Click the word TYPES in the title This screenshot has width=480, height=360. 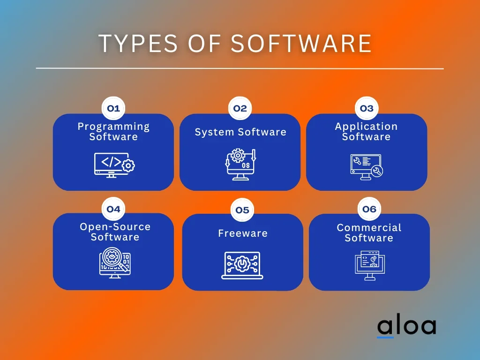[x=138, y=43]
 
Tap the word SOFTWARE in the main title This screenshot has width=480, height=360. [x=301, y=43]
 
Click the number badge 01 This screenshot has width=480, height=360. [x=113, y=108]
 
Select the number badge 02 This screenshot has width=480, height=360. [x=240, y=108]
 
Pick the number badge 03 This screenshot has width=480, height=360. [x=367, y=108]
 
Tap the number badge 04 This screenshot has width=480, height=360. [x=113, y=209]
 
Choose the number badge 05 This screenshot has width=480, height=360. [x=242, y=210]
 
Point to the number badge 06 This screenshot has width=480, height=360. [x=369, y=209]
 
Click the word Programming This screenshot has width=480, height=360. [x=113, y=127]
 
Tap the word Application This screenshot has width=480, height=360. [x=366, y=127]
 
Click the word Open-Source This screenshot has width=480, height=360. [x=115, y=227]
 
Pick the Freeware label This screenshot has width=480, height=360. [x=243, y=233]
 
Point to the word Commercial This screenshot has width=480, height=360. [x=369, y=228]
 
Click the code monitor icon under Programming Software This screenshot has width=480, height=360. [x=114, y=165]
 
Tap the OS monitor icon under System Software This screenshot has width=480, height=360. [x=240, y=165]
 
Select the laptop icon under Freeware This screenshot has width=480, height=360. [x=242, y=265]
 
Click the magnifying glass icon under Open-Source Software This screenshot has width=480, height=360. [x=115, y=262]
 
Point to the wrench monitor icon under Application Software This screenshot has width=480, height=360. [x=367, y=167]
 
